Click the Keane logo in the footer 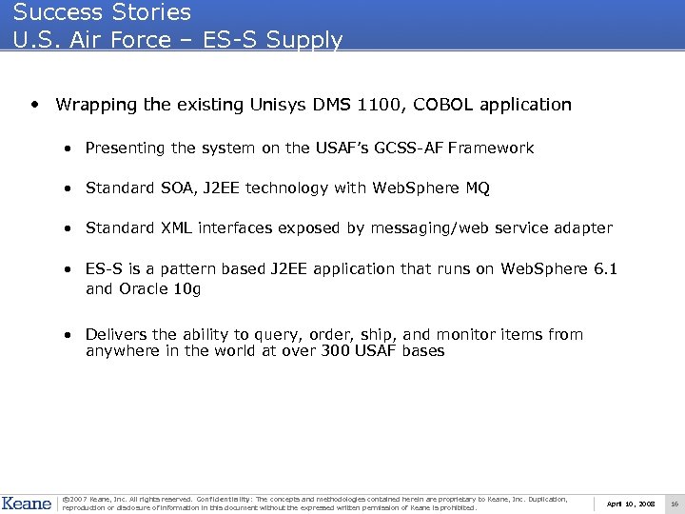tap(28, 503)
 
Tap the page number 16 tap(674, 503)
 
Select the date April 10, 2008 tap(631, 503)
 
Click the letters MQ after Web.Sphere tap(479, 188)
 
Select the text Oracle tap(143, 288)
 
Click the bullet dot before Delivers tap(69, 335)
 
